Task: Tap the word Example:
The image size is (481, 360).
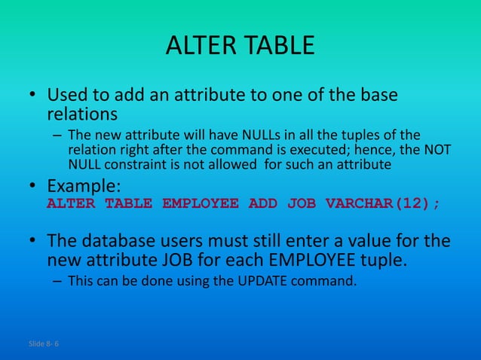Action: click(x=84, y=185)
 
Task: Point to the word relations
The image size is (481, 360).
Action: click(x=82, y=115)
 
